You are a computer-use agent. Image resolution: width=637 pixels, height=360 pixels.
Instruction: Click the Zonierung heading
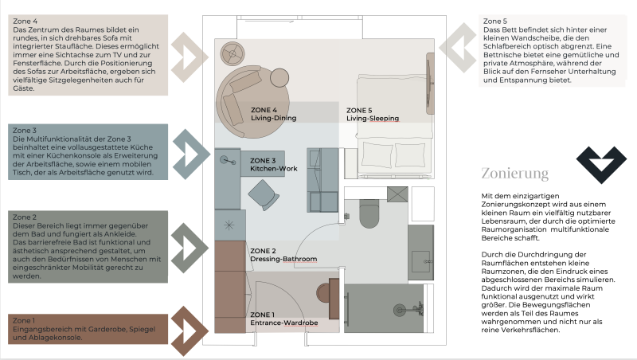pyautogui.click(x=514, y=174)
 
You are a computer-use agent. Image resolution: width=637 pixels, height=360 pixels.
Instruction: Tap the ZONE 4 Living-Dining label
pyautogui.click(x=273, y=114)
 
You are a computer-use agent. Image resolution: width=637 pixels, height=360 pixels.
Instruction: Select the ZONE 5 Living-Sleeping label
pyautogui.click(x=373, y=114)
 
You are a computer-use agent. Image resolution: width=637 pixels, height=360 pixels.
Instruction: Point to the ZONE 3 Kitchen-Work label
pyautogui.click(x=273, y=165)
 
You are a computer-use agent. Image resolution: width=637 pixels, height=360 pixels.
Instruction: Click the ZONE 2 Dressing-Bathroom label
pyautogui.click(x=283, y=255)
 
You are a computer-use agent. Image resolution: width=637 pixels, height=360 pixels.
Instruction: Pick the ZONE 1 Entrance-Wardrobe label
pyautogui.click(x=284, y=319)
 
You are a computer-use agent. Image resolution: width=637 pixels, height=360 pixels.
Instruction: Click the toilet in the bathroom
pyautogui.click(x=369, y=213)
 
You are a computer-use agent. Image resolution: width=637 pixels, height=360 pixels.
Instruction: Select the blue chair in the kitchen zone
pyautogui.click(x=264, y=195)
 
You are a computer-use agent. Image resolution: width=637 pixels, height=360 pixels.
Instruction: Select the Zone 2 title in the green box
pyautogui.click(x=25, y=217)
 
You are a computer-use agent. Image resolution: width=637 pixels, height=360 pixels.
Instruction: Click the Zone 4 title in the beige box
pyautogui.click(x=25, y=22)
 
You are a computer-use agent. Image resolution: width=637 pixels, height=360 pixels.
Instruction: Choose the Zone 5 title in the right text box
pyautogui.click(x=494, y=22)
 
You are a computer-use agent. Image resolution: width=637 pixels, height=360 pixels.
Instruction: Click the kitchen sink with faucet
pyautogui.click(x=227, y=161)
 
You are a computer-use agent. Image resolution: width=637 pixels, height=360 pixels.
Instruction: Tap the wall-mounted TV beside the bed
pyautogui.click(x=429, y=84)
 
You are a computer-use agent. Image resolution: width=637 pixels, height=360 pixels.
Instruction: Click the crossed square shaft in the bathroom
pyautogui.click(x=397, y=194)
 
